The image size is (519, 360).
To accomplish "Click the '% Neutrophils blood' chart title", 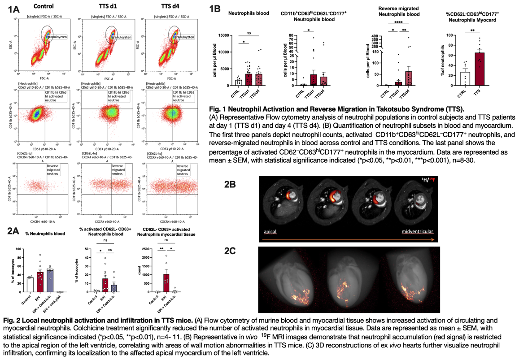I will tap(45, 234).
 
